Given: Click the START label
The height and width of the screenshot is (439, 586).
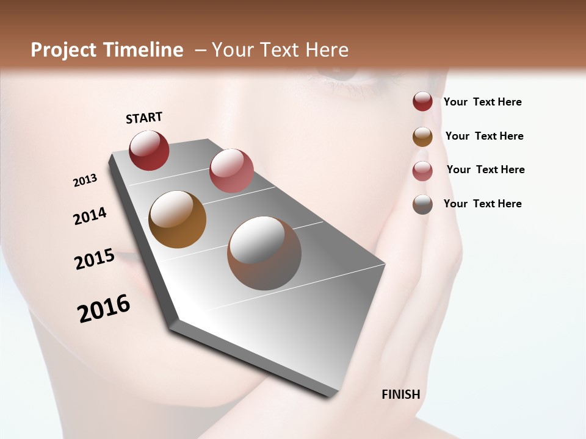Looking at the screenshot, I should (x=144, y=118).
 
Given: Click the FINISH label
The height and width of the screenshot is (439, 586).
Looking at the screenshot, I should (x=400, y=394).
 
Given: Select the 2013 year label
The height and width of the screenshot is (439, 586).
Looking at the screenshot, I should (x=85, y=180).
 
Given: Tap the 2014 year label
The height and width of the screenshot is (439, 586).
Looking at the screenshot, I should (x=90, y=216).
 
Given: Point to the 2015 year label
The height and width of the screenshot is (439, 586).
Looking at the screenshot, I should (x=95, y=259).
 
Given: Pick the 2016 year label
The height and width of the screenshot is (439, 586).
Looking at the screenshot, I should (x=104, y=309).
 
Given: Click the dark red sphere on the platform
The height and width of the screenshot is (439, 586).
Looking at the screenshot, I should (x=149, y=151).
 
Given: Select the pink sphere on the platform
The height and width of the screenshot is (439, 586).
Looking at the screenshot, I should (x=231, y=171).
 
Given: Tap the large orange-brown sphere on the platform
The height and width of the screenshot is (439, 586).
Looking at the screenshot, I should (x=178, y=220).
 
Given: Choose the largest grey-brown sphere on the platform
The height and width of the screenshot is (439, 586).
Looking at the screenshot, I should (x=264, y=253).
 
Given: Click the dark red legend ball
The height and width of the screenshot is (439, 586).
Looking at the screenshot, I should (x=422, y=102).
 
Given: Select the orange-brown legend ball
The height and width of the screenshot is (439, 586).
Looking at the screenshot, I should (x=422, y=137).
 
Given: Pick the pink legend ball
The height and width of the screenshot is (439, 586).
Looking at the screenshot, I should (x=422, y=171).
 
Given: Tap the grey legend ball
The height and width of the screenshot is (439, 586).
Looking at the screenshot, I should (x=422, y=204).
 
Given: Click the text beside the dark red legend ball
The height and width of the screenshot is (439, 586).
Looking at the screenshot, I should (x=482, y=102).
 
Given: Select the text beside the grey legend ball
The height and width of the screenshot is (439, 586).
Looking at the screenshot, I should (x=482, y=204).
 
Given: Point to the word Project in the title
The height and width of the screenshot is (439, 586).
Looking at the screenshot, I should (x=63, y=50).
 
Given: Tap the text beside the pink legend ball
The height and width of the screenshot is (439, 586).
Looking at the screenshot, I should (x=485, y=170).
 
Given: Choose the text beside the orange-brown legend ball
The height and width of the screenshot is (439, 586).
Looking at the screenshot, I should (x=484, y=136).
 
